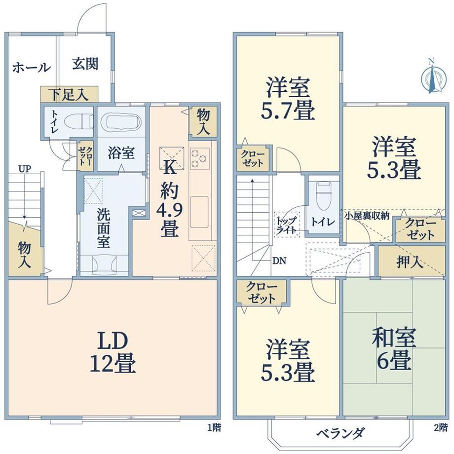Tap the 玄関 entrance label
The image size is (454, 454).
tap(85, 64)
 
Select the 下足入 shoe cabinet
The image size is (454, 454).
tap(69, 94)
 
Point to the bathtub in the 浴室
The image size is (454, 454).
tap(121, 122)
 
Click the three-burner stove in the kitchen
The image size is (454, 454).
tap(200, 158)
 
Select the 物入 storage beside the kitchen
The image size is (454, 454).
tap(203, 121)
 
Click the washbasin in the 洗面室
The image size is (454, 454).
tap(104, 265)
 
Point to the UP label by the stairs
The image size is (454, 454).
tap(25, 169)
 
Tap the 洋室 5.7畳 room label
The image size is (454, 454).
tap(288, 98)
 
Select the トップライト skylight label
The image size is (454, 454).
tap(286, 225)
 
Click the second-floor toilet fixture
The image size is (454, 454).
tap(323, 196)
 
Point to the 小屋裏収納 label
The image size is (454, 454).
tap(367, 216)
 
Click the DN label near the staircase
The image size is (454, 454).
tap(279, 261)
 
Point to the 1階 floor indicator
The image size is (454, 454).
tap(214, 428)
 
